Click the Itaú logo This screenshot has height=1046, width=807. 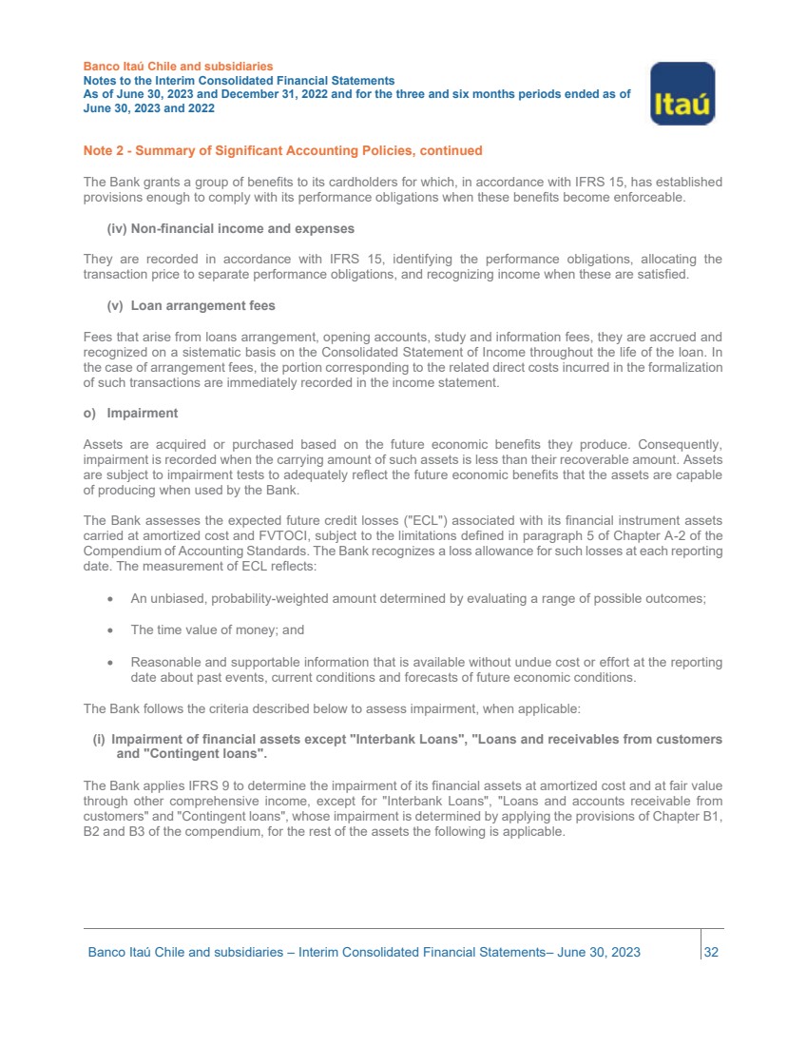pos(682,93)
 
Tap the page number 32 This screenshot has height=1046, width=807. pos(710,952)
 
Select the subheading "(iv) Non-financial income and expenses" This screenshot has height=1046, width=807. pos(230,228)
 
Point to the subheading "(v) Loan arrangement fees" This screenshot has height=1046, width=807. pos(191,306)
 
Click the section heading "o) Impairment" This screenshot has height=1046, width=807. pos(130,414)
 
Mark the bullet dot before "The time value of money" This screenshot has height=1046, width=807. pos(112,630)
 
